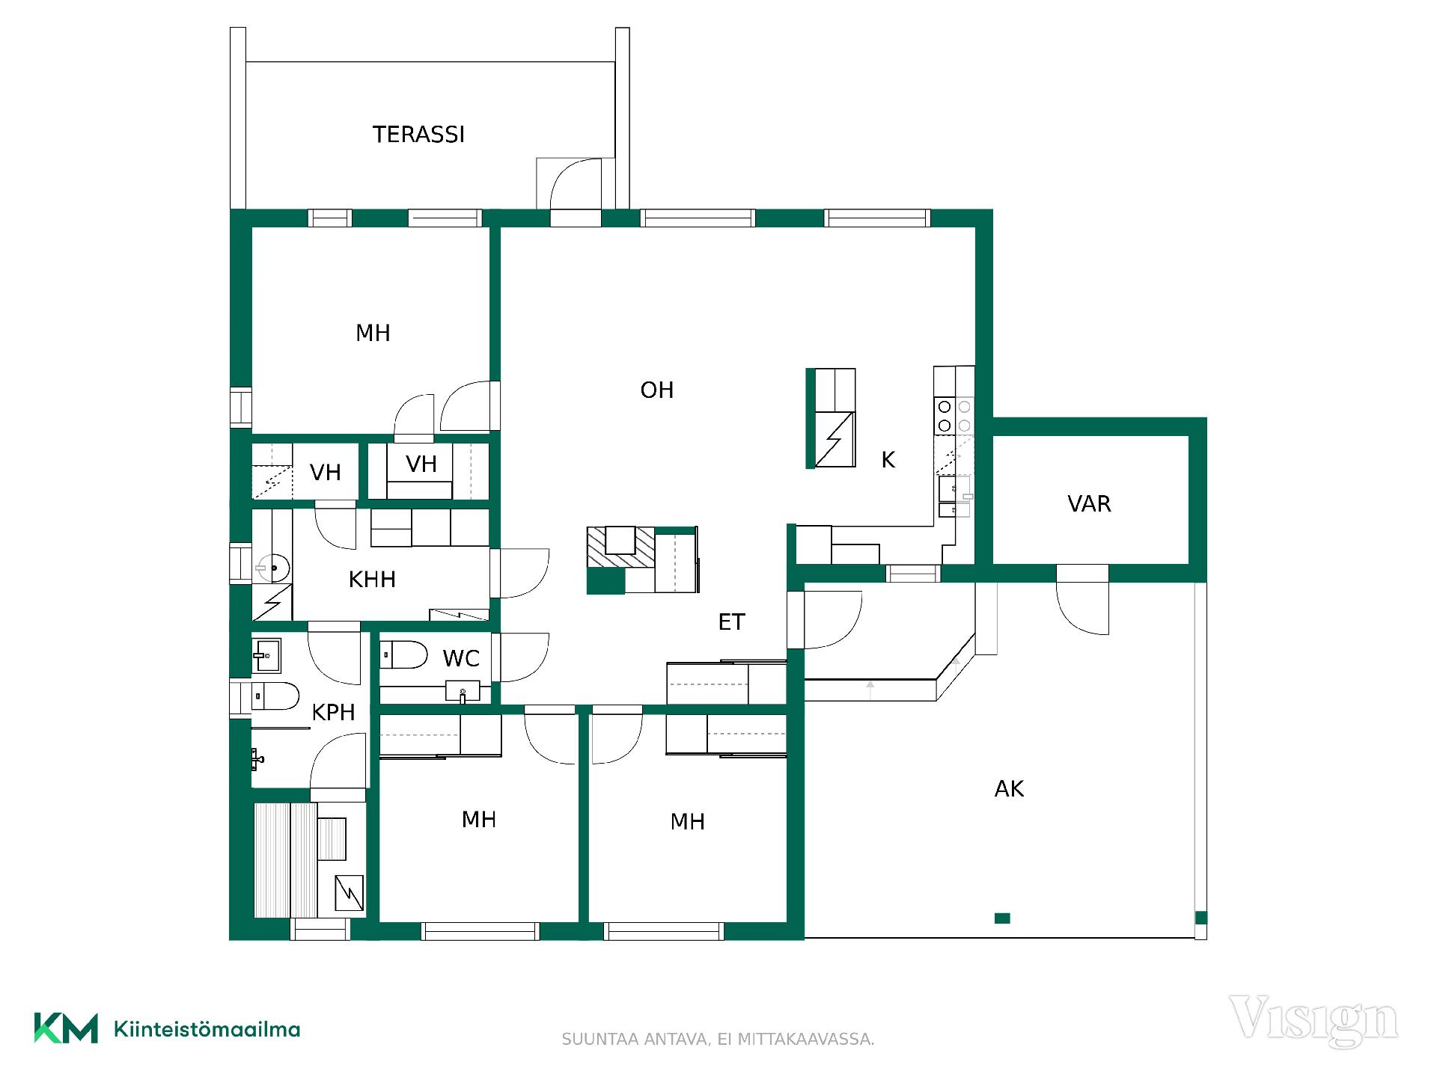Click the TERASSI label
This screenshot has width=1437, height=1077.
point(418,135)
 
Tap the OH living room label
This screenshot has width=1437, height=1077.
point(657,390)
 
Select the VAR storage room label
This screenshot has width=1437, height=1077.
point(1089,504)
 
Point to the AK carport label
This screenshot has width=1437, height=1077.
point(1009,788)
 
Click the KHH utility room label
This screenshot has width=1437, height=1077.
point(372,580)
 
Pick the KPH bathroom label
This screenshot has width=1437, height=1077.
point(333,712)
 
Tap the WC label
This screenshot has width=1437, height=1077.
point(461,658)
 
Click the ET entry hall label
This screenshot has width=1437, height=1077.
point(731,622)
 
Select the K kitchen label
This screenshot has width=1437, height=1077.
point(888,460)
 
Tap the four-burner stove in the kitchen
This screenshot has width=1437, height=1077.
point(954,416)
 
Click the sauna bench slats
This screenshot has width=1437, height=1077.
point(285,860)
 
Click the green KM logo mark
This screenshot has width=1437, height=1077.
point(66,1028)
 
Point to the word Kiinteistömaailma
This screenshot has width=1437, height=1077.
point(207,1029)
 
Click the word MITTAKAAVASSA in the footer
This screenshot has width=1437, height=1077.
point(806,1040)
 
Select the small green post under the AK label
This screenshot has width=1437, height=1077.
point(1002,918)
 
